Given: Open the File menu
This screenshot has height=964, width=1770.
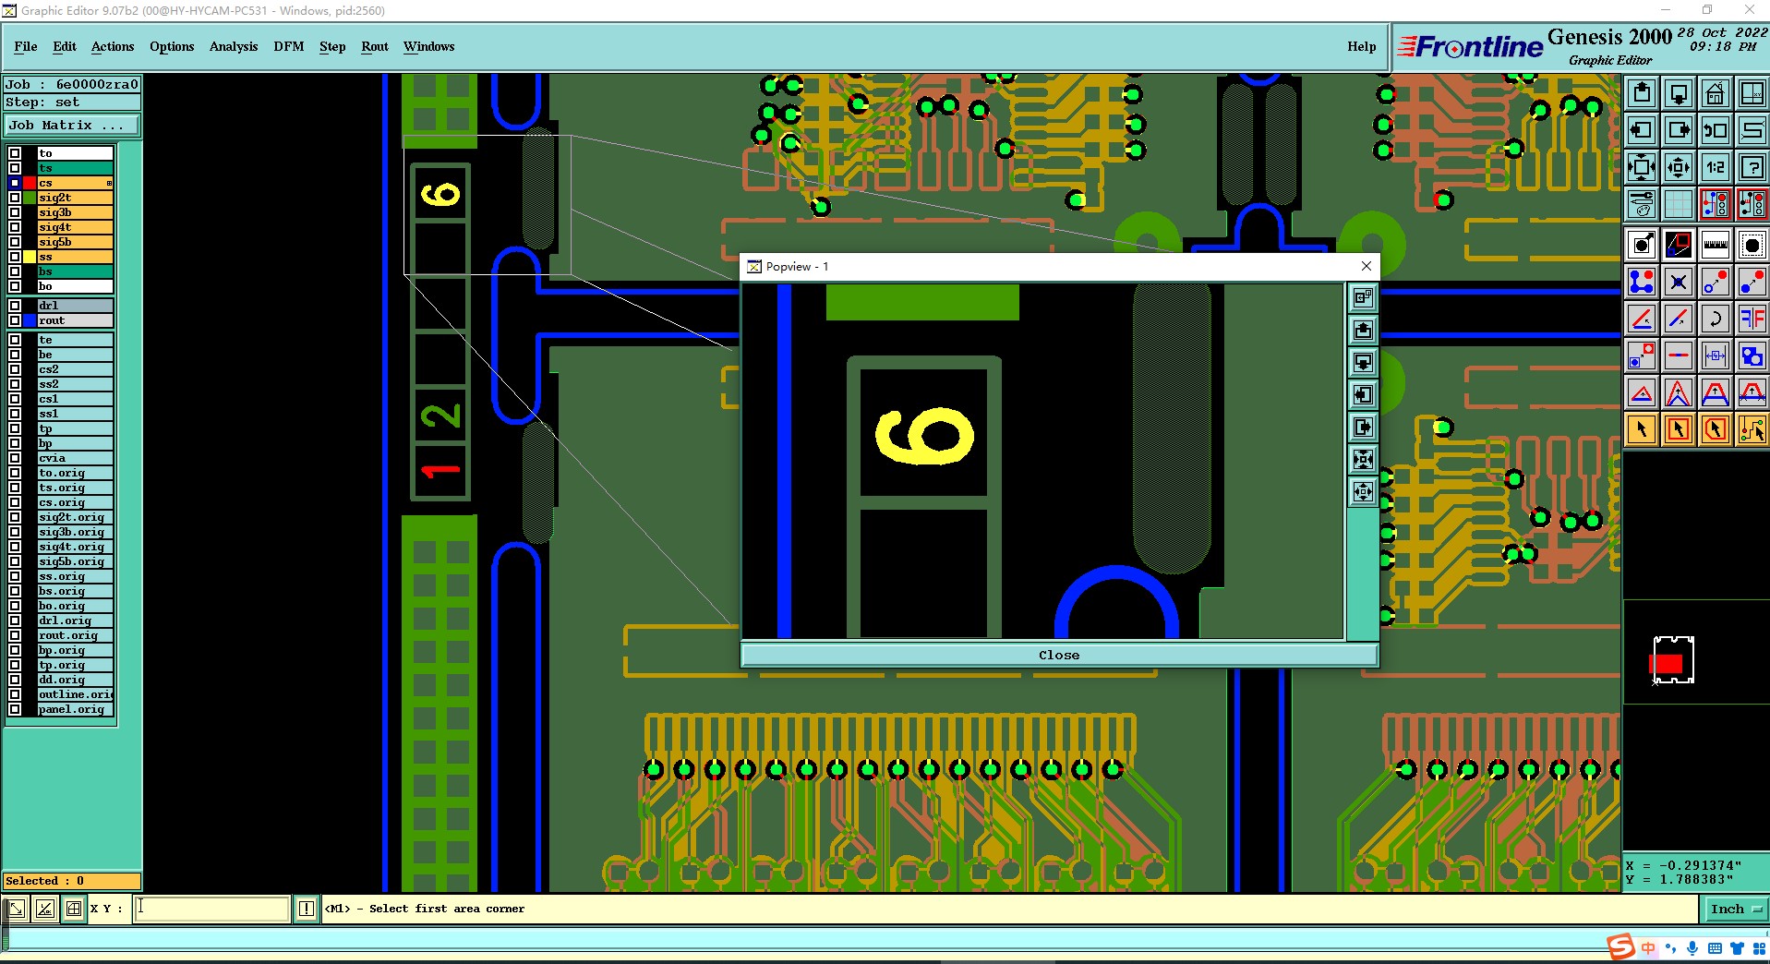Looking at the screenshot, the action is coord(26,46).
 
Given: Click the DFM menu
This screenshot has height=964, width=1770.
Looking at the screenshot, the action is coord(288,46).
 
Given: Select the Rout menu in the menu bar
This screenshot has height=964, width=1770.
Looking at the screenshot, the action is coord(375,46).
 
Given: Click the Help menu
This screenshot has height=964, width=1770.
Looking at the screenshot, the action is coord(1361,46).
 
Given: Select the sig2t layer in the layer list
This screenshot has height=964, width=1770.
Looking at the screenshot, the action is coord(75,198).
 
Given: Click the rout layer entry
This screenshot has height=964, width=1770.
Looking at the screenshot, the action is coord(75,320).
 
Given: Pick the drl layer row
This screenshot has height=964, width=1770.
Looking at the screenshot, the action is coord(75,306).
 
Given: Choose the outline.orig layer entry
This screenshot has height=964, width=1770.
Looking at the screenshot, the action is coord(75,694).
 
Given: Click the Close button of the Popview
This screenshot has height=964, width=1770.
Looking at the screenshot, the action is coord(1058,655).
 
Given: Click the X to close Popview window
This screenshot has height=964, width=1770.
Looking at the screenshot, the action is coord(1367,266).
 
